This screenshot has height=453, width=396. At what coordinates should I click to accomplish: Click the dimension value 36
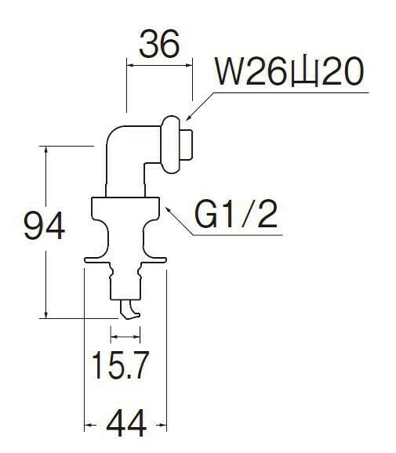coord(159,44)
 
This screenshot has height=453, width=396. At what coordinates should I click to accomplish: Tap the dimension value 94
coord(44,226)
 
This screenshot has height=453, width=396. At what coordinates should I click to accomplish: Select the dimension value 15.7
coord(121,365)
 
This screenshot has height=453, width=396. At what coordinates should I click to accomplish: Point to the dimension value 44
coord(126,423)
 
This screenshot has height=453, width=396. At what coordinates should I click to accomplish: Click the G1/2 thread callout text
coord(236,215)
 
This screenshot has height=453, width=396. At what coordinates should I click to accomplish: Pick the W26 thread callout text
coord(289,71)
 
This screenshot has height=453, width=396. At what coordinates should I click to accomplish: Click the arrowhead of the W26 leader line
coord(188,117)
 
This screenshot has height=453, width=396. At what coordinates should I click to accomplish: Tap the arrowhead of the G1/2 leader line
coord(167,209)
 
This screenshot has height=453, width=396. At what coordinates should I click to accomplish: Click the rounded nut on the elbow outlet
coord(170,145)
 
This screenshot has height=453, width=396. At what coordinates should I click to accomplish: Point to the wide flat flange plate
coord(125,260)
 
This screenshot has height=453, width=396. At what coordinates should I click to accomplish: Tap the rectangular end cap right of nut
coord(187,145)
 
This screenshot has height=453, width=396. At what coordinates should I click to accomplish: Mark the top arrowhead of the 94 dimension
coord(45,150)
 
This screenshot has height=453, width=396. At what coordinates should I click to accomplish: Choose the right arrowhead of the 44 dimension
coord(162,425)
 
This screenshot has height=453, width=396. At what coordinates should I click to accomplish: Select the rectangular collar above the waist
coord(125,208)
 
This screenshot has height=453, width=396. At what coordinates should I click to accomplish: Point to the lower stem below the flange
coord(125,281)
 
